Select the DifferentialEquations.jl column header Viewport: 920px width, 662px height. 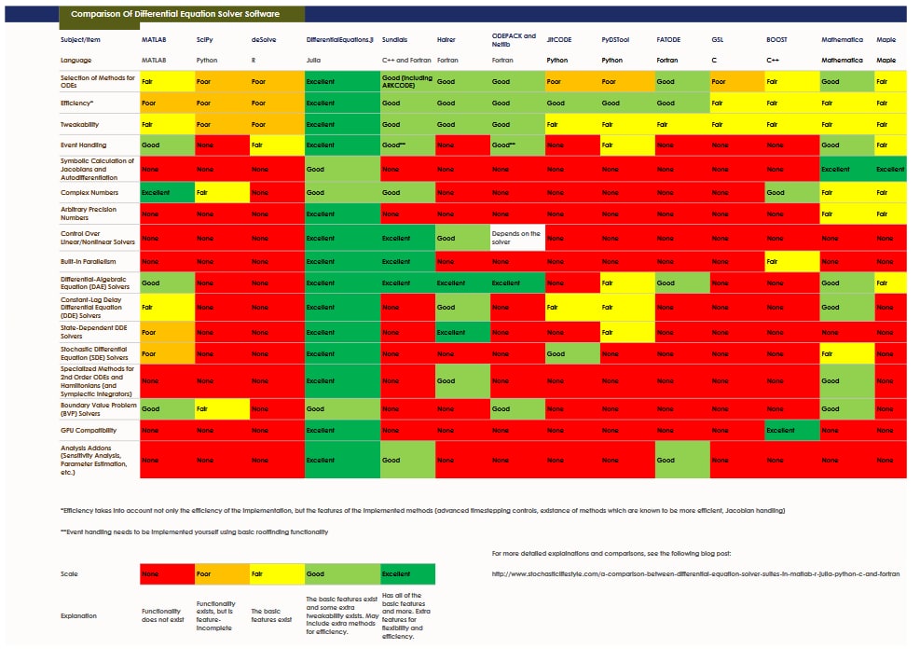pyautogui.click(x=340, y=41)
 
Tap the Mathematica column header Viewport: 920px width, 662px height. pyautogui.click(x=842, y=41)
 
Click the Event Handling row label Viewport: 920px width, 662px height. pyautogui.click(x=84, y=145)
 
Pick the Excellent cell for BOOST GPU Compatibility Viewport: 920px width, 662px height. pyautogui.click(x=791, y=431)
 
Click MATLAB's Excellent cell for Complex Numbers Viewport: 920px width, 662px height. pyautogui.click(x=166, y=192)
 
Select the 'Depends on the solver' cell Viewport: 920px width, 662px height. pyautogui.click(x=517, y=237)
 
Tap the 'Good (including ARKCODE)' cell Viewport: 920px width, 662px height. pyautogui.click(x=407, y=81)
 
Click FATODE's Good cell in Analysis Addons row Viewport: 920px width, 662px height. pyautogui.click(x=681, y=461)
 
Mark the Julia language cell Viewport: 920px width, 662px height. pyautogui.click(x=340, y=59)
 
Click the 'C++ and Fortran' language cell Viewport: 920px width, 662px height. pyautogui.click(x=407, y=59)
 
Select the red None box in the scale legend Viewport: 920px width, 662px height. pyautogui.click(x=166, y=574)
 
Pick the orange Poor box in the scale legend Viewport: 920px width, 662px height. pyautogui.click(x=221, y=574)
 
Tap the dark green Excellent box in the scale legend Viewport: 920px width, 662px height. pyautogui.click(x=407, y=574)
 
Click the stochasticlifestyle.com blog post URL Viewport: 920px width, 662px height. pyautogui.click(x=695, y=573)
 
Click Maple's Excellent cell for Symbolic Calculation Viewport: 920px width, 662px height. pyautogui.click(x=890, y=170)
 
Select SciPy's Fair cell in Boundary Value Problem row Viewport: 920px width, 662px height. pyautogui.click(x=221, y=408)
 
